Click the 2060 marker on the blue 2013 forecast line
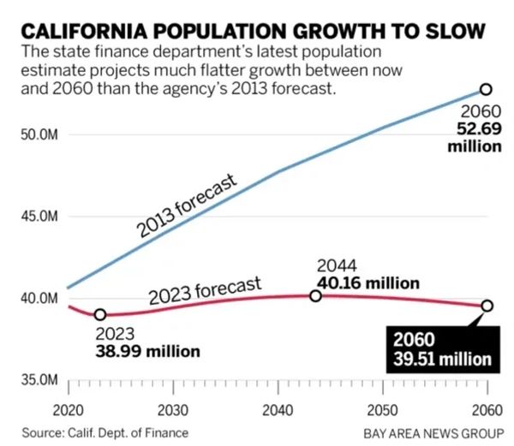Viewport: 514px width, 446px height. point(486,89)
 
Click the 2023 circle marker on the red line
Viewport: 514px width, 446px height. point(100,315)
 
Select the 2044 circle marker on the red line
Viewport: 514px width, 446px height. point(315,295)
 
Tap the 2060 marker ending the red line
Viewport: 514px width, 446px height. point(487,306)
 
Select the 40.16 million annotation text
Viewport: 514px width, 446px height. point(368,283)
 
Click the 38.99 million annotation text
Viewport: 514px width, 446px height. point(146,351)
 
